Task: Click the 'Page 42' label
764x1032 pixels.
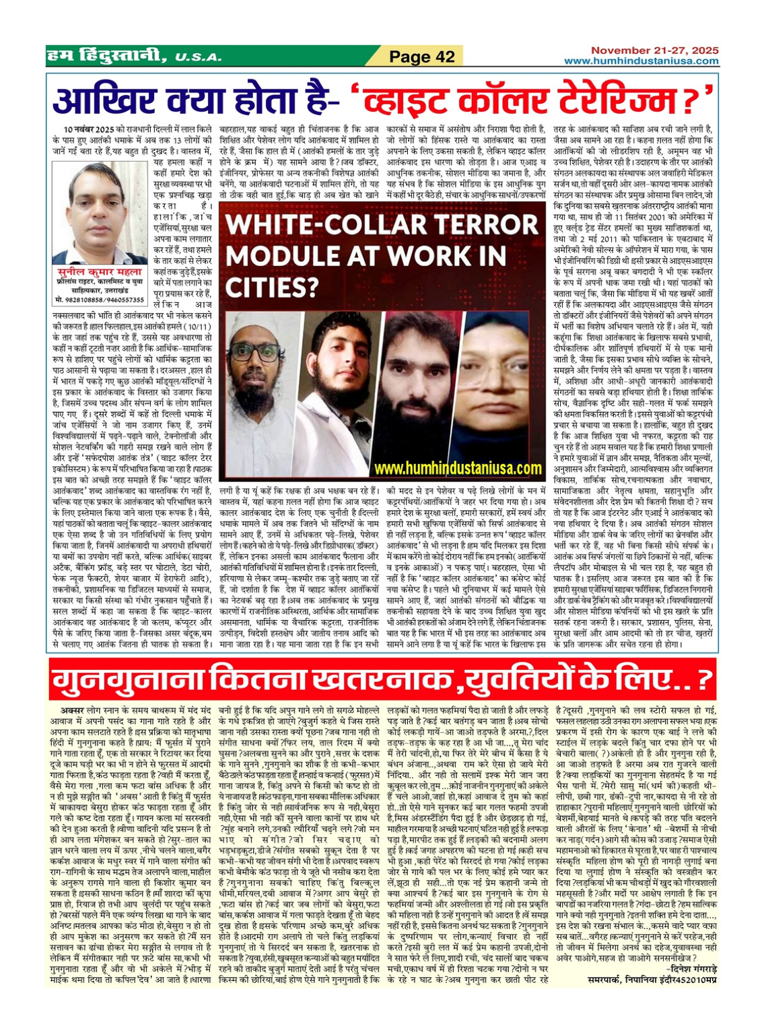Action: (x=422, y=57)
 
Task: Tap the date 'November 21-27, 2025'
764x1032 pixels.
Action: (x=655, y=50)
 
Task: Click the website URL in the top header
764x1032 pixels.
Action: (x=641, y=61)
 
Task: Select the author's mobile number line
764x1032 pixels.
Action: (x=99, y=300)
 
